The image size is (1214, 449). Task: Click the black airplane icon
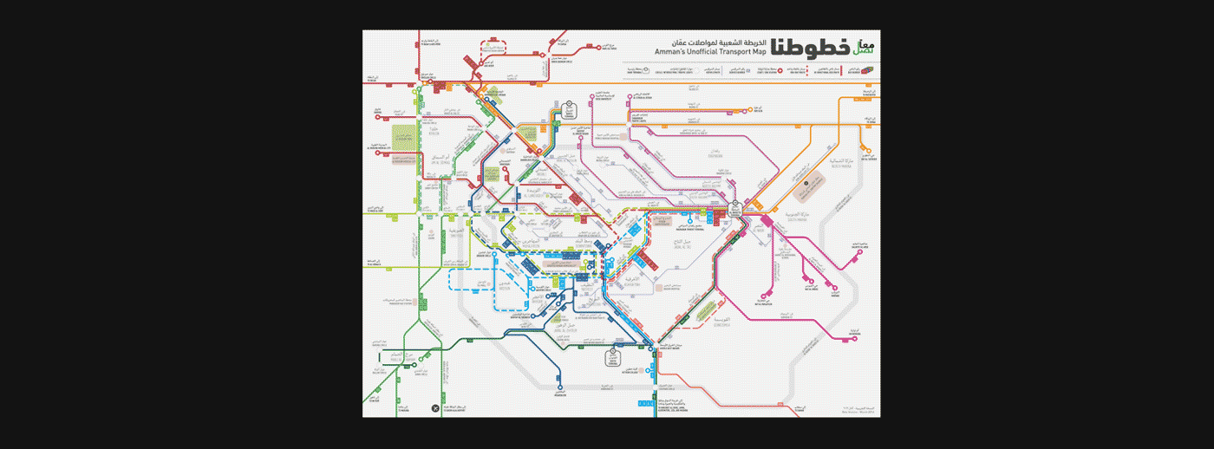[434, 407]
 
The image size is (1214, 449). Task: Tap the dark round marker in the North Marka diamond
[806, 183]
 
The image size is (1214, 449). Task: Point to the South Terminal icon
[618, 353]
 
